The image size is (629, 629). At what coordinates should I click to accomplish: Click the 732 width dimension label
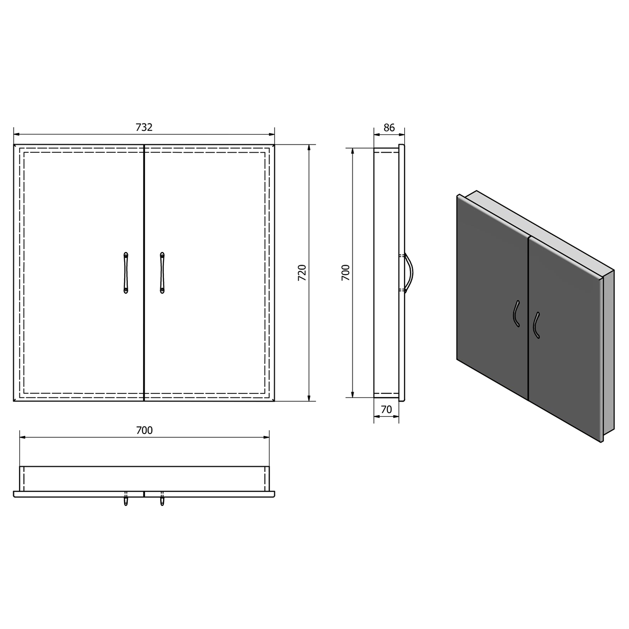[x=144, y=127]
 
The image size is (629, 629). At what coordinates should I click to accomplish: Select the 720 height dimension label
[x=302, y=273]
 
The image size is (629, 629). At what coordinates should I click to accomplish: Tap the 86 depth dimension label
[x=389, y=127]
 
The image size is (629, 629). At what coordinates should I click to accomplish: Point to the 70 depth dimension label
[x=386, y=409]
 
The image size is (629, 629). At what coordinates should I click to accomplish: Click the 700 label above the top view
[x=144, y=430]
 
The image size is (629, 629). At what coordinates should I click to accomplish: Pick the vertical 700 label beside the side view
[x=346, y=273]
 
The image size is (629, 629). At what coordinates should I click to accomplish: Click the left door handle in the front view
[x=126, y=273]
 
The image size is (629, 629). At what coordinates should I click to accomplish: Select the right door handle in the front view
[x=162, y=273]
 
